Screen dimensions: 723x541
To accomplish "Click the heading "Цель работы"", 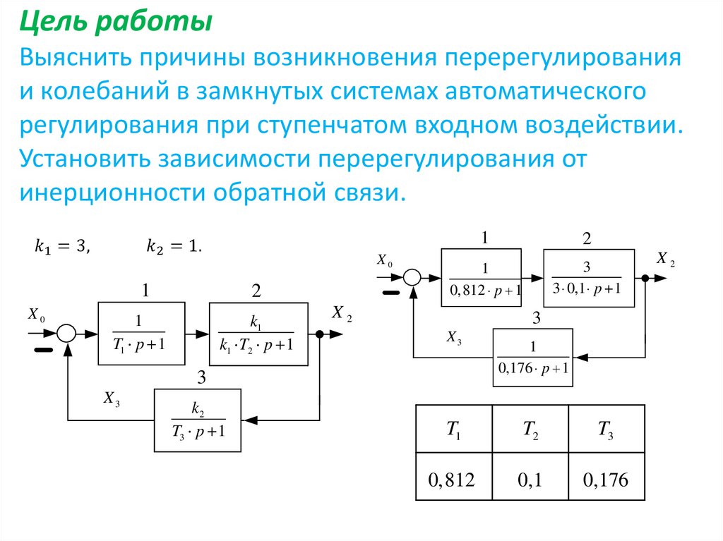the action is [x=115, y=23].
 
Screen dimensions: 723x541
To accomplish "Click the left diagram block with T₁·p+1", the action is [x=141, y=333].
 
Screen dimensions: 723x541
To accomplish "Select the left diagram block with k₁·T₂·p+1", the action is [x=258, y=333].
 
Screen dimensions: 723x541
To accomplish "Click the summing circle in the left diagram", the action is [x=66, y=333].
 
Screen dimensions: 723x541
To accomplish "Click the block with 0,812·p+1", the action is [x=481, y=278].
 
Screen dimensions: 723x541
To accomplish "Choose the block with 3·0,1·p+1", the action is [x=586, y=278].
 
